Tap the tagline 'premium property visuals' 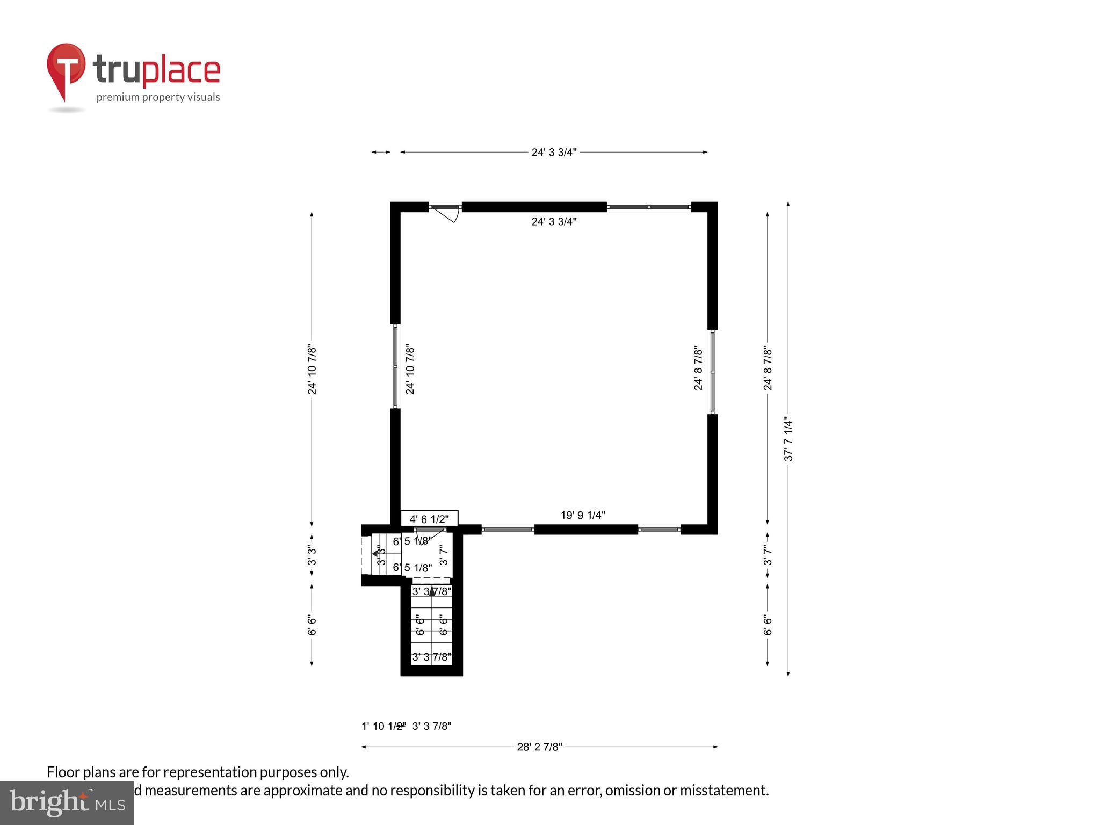click(x=158, y=97)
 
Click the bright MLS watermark click(x=67, y=803)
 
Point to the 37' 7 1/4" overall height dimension click(x=788, y=439)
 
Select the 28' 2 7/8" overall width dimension click(x=539, y=747)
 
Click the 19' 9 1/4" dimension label click(x=583, y=515)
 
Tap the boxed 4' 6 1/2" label click(x=429, y=519)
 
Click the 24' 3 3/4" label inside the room click(x=554, y=221)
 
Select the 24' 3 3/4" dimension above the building click(x=554, y=153)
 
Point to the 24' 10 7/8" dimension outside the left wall click(x=312, y=370)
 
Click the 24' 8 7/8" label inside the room click(x=698, y=368)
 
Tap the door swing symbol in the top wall click(x=446, y=213)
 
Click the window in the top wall click(x=649, y=207)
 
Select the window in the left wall click(x=395, y=367)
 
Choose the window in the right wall click(x=712, y=371)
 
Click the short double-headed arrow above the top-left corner click(x=381, y=153)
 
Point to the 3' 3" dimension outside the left click(x=312, y=555)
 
